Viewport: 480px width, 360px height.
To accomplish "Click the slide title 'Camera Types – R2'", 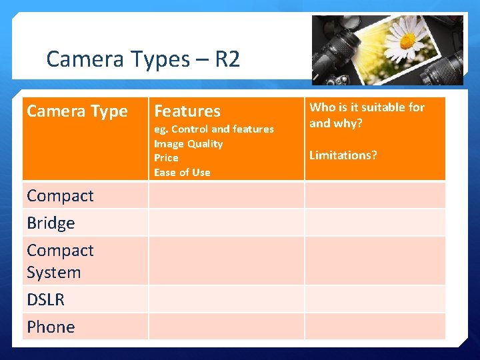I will (x=143, y=60).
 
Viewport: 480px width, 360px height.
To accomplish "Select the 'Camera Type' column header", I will (x=77, y=111).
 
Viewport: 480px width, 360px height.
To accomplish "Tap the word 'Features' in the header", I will (x=187, y=111).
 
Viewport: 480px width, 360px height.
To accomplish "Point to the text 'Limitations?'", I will (x=343, y=155).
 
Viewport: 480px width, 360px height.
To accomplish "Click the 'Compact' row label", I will (x=60, y=196).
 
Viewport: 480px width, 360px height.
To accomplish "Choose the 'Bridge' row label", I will (x=51, y=223).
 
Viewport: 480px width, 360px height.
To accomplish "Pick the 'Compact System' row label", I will (x=60, y=261).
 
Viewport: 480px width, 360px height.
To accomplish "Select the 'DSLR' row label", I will (x=45, y=300).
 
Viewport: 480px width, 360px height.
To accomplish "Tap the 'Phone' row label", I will (x=51, y=327).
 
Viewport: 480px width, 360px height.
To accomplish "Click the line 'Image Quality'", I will (x=188, y=144).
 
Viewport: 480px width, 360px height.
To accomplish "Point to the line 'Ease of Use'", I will (x=182, y=173).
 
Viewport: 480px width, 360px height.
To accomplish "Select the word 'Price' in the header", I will (x=166, y=158).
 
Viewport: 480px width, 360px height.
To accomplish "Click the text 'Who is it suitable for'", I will (x=367, y=107).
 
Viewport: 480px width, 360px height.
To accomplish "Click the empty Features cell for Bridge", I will (x=226, y=223).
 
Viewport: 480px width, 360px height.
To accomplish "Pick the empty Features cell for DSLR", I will (x=226, y=299).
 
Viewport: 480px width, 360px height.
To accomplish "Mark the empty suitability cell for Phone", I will (x=375, y=327).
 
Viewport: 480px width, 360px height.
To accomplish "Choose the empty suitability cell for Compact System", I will (x=375, y=261).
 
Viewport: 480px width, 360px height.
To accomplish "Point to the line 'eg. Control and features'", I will (x=213, y=129).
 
